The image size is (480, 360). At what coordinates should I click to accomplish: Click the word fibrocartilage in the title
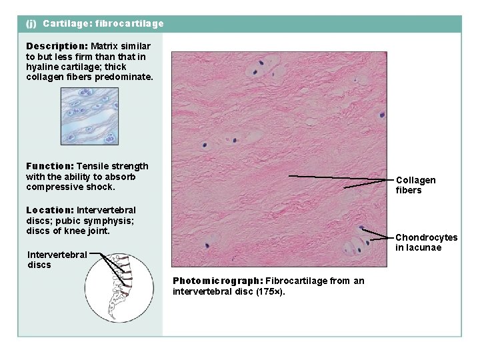click(x=129, y=23)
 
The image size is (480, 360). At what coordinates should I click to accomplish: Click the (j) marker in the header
click(x=31, y=23)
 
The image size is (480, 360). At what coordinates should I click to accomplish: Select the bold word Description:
click(x=57, y=46)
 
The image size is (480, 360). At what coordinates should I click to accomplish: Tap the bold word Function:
click(x=49, y=166)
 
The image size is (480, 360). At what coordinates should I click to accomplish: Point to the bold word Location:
click(x=49, y=210)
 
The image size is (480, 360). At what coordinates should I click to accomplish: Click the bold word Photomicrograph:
click(x=217, y=281)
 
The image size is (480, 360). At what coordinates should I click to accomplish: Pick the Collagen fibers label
click(x=415, y=185)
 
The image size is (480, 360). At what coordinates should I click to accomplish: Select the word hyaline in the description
click(x=42, y=67)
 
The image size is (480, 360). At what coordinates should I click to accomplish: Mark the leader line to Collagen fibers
click(x=340, y=177)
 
